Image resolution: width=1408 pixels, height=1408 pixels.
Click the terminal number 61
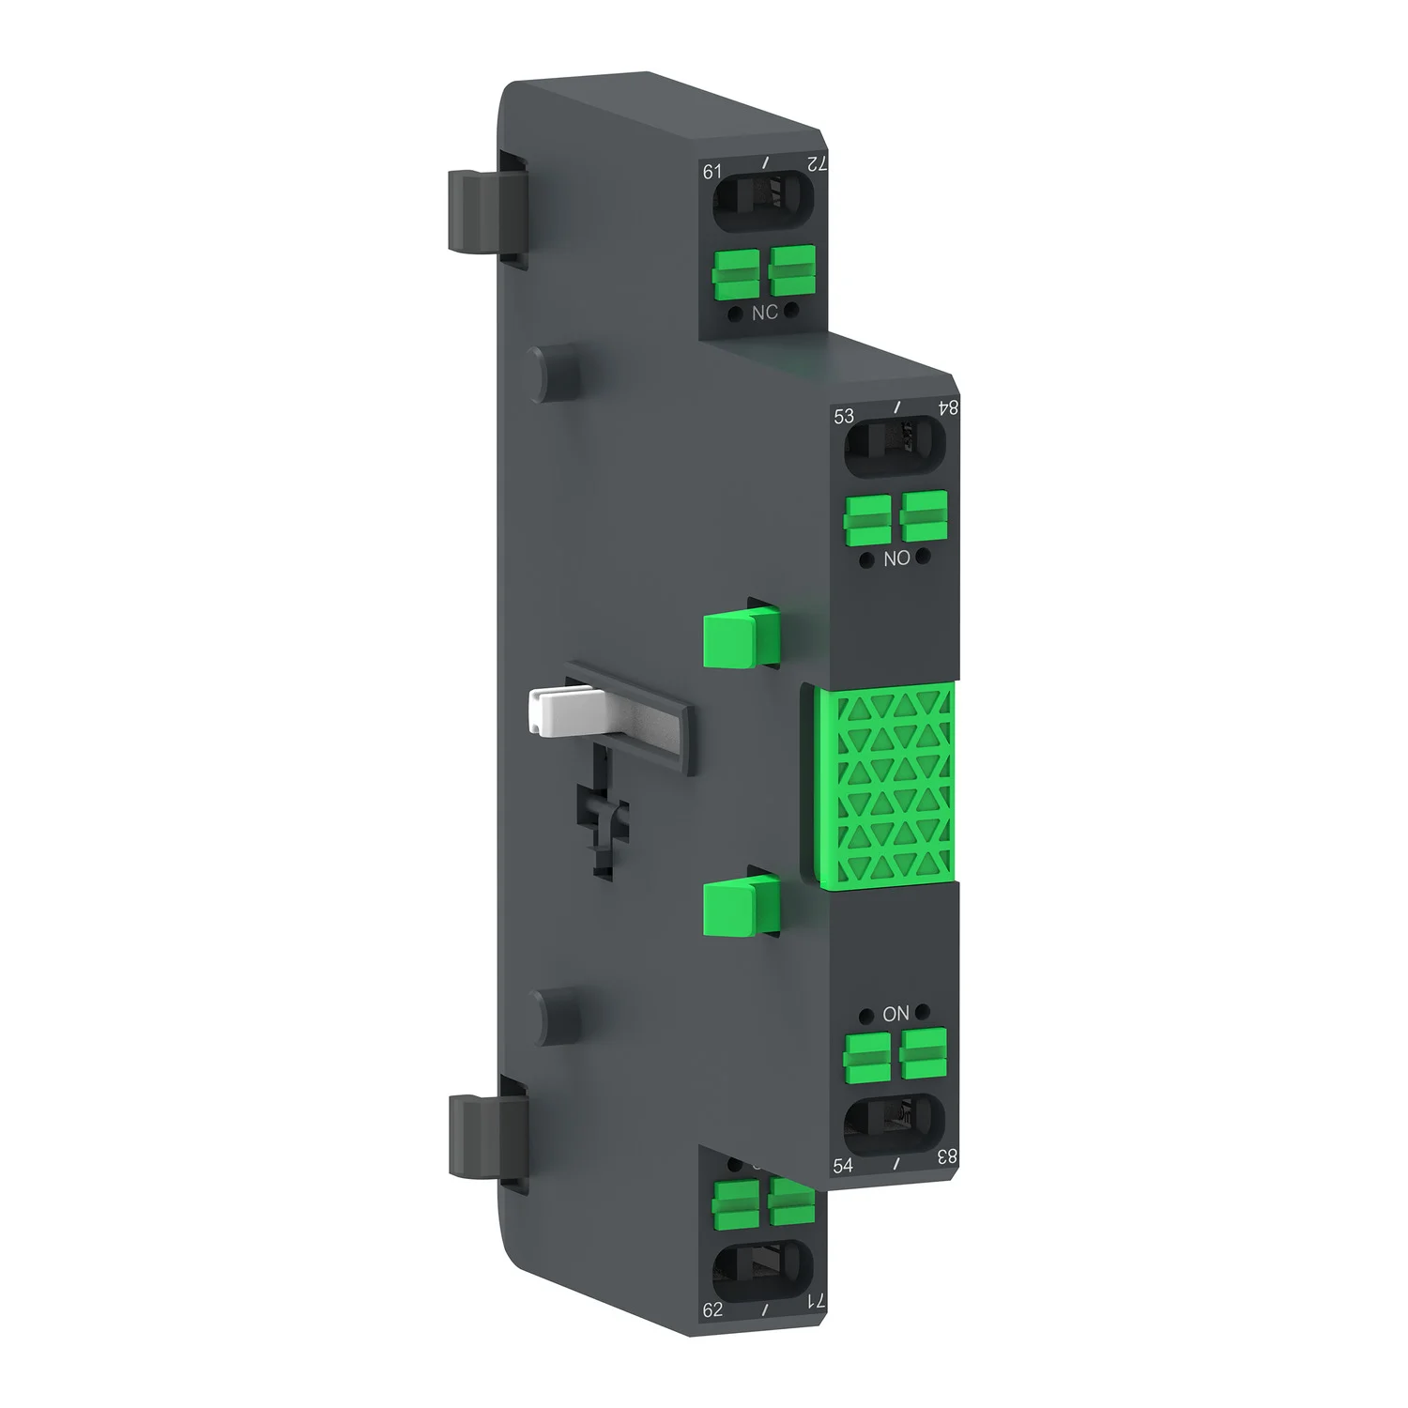712,171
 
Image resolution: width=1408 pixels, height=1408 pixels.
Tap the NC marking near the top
764,313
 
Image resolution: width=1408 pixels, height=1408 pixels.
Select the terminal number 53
844,416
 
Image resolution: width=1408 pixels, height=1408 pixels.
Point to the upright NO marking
896,559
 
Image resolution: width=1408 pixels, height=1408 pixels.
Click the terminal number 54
843,1165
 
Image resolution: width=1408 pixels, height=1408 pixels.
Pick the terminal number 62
712,1309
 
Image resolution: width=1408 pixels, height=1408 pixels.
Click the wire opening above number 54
894,1125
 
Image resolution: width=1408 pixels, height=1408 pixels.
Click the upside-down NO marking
895,1014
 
